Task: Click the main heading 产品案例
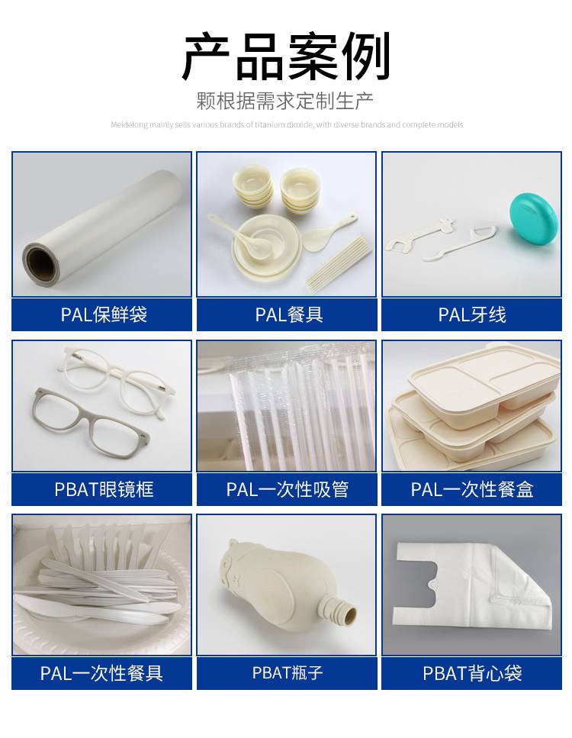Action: coord(286,57)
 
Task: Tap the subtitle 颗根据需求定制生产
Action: coord(285,101)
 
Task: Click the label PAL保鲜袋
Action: coord(104,314)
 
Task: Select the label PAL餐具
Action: coord(289,314)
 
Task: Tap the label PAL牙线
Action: coord(472,314)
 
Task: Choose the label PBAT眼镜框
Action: coord(104,489)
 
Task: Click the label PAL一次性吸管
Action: coord(287,489)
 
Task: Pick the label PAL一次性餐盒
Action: coord(472,489)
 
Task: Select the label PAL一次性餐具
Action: coord(101,673)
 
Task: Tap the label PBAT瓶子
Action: coord(287,672)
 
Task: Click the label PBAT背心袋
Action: coord(472,673)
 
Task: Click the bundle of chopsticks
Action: coord(339,263)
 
